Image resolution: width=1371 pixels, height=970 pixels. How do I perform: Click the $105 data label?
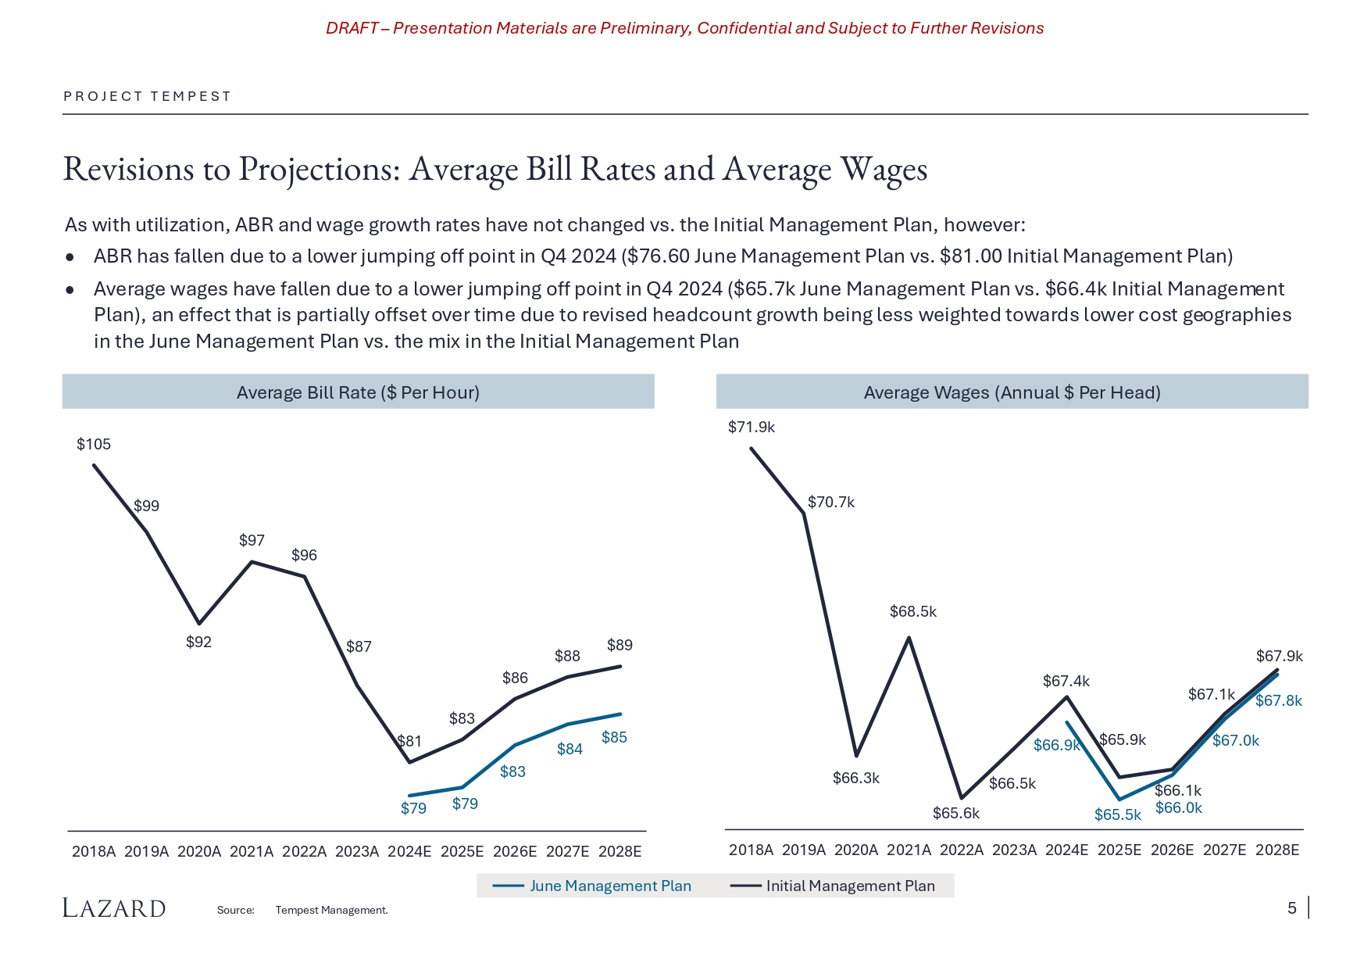94,444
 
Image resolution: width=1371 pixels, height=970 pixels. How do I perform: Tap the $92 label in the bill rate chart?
198,642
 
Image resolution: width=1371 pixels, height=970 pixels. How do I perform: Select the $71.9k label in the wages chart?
752,427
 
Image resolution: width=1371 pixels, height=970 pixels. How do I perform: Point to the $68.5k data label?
912,611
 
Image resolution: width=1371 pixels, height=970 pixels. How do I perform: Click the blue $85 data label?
614,737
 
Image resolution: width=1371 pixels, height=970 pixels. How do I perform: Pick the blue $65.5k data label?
1117,814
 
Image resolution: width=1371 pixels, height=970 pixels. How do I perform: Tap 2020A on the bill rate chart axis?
199,851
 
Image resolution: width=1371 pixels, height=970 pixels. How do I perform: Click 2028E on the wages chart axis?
1277,850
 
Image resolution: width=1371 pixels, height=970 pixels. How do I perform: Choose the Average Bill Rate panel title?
358,392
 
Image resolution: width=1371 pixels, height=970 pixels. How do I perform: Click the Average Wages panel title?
1012,392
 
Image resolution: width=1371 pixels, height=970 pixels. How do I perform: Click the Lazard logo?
114,908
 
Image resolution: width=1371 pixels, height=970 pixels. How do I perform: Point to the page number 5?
1292,907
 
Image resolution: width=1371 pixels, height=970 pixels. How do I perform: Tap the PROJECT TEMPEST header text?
148,96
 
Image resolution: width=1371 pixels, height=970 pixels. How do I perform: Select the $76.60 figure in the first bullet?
658,256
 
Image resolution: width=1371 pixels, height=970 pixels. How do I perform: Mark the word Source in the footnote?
235,910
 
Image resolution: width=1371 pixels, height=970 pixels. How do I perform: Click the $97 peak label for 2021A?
252,540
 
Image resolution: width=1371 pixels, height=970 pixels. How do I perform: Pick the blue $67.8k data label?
1279,700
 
